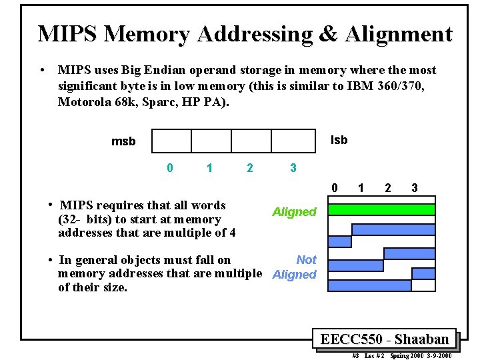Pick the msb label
(123, 141)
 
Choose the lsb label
(339, 140)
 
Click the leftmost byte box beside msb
(172, 141)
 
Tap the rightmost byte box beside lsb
(292, 141)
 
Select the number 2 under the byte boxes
(250, 168)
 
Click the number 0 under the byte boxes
(170, 168)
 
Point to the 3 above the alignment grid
(415, 188)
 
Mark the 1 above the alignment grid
(361, 188)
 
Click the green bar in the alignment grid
(382, 209)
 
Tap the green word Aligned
(294, 212)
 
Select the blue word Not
(307, 259)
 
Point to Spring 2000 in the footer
(409, 356)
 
